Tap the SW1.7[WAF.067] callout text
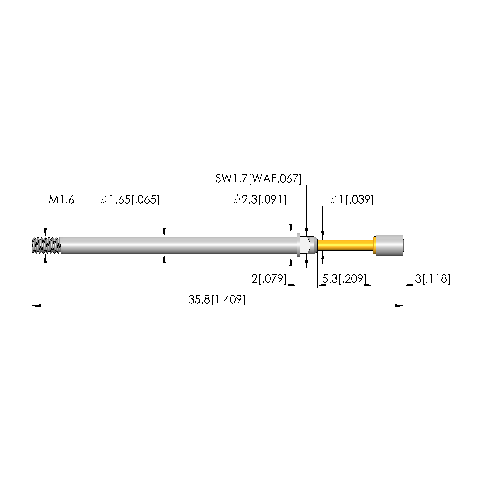tap(259, 179)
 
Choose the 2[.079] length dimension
tap(269, 279)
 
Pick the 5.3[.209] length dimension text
tap(344, 279)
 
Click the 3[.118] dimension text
tap(433, 279)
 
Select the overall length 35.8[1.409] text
tap(217, 300)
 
